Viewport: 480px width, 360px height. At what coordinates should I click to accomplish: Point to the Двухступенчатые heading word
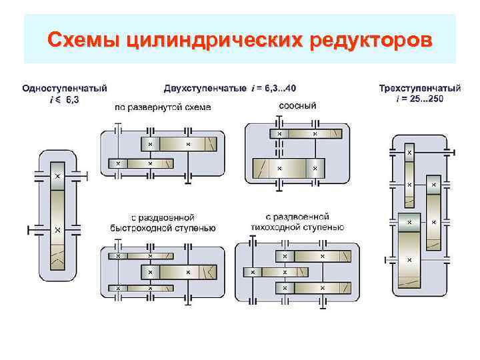pos(205,87)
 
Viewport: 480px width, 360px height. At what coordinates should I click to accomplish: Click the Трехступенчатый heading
pos(419,88)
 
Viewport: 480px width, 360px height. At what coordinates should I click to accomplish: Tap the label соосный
pos(296,105)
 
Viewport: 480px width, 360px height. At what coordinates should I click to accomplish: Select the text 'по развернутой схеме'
pos(163,107)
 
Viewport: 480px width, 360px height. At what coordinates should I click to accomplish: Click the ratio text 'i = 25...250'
pos(419,99)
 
